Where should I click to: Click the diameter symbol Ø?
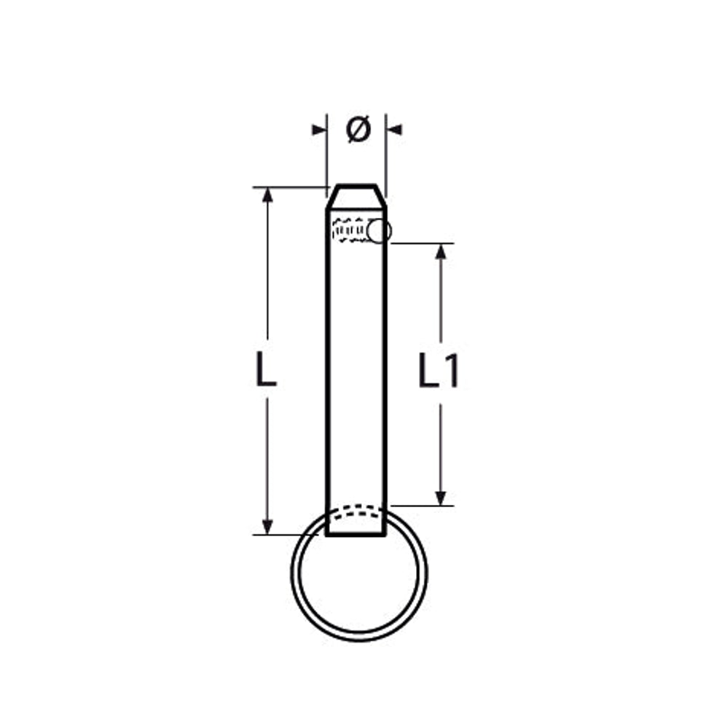(x=358, y=130)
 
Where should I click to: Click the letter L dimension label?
(x=266, y=369)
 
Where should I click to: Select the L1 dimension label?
(x=439, y=370)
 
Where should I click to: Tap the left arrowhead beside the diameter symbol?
(x=319, y=130)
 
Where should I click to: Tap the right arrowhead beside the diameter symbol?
(x=394, y=130)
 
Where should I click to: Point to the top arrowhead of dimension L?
(x=267, y=195)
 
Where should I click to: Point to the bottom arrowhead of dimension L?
(x=267, y=527)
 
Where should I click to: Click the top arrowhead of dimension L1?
(x=441, y=251)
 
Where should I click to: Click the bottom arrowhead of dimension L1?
(x=441, y=498)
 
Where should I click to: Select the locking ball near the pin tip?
(x=380, y=231)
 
